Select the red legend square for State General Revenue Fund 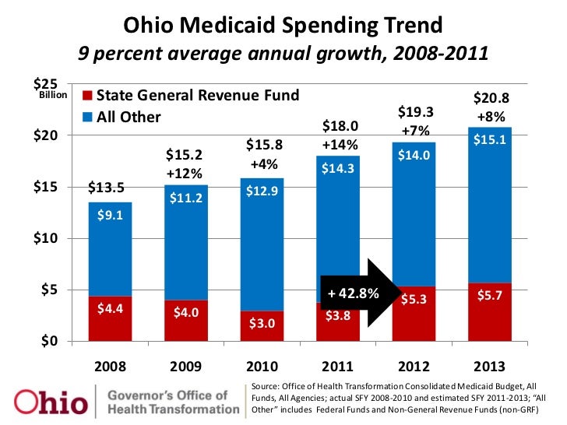(86, 96)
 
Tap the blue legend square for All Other (86, 118)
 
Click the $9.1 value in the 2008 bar (110, 216)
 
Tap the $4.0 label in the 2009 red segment (185, 313)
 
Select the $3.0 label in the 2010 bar (262, 323)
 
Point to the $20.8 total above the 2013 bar (491, 99)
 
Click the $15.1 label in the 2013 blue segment (491, 140)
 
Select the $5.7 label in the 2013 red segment (491, 297)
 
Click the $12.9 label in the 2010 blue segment (262, 191)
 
